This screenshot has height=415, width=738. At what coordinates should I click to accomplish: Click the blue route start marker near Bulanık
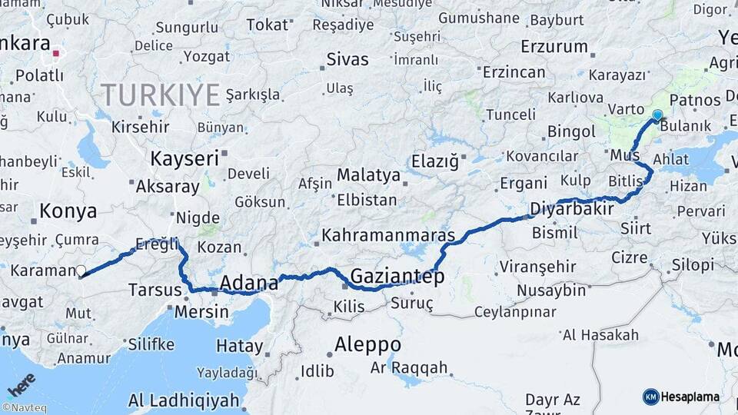657,115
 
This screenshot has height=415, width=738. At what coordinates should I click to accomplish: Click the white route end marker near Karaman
81,271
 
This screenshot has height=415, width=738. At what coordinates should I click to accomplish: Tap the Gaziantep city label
397,277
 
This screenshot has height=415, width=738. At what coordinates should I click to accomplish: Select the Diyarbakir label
571,209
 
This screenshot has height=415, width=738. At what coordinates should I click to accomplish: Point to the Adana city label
249,284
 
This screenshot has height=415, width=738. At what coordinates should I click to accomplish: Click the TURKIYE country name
161,95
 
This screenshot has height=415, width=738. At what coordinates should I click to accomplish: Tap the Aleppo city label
367,344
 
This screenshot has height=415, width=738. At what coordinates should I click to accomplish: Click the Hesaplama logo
681,397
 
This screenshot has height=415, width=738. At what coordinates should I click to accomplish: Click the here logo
21,383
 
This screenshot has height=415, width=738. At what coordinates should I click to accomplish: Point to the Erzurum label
553,47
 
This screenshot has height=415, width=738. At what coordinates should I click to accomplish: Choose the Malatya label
368,175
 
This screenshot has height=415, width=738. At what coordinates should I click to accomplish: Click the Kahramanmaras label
388,234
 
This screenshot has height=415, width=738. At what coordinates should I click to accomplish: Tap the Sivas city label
347,59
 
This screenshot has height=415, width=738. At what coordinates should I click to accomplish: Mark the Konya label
68,211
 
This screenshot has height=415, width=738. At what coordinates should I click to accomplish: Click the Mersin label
201,312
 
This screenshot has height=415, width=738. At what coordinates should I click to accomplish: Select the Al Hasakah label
600,335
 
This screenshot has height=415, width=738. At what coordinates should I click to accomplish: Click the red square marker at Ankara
56,54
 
